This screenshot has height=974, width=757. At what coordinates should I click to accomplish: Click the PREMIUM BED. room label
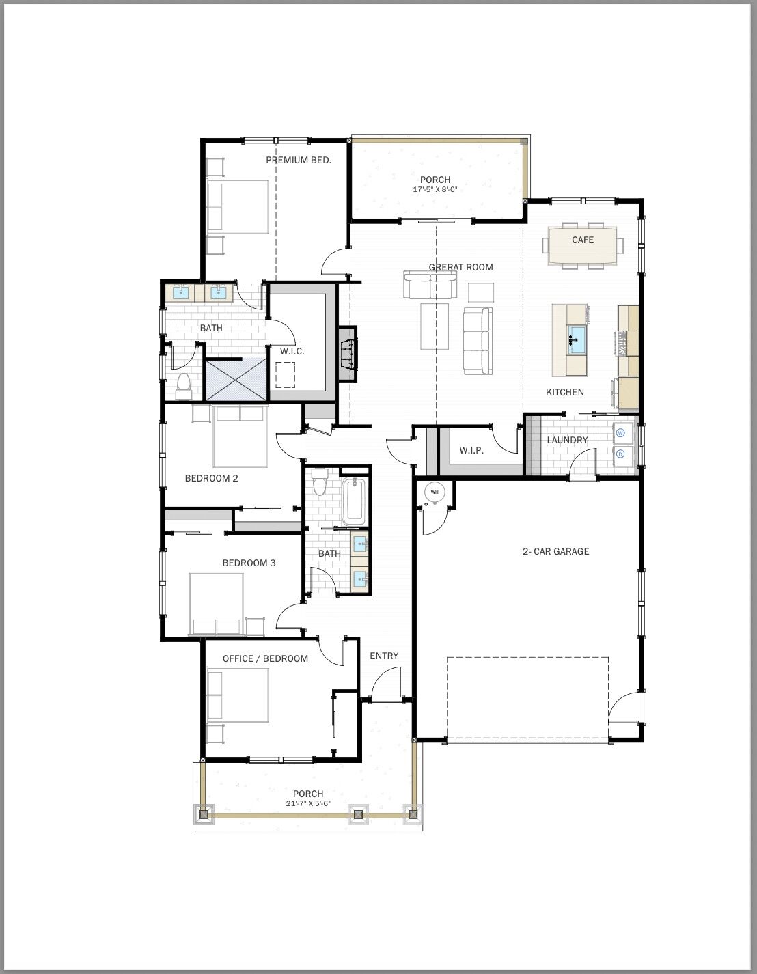tap(299, 160)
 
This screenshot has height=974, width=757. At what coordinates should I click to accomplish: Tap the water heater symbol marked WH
tap(435, 492)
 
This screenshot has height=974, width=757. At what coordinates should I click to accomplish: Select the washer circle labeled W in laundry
tap(621, 432)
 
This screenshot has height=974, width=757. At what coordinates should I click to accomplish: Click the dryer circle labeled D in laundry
tap(621, 454)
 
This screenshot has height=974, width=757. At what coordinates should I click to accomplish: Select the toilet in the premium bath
tap(183, 386)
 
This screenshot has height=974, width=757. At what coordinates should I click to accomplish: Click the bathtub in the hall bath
tap(354, 502)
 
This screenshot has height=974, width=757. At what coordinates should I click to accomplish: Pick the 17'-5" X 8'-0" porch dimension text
tap(435, 190)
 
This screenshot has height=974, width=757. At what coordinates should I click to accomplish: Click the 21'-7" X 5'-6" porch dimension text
tap(308, 804)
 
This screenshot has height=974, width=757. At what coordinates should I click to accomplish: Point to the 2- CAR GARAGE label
tap(555, 551)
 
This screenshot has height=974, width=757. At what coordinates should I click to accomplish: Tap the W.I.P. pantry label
tap(471, 451)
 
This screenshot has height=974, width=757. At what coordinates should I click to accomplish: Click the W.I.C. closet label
tap(292, 351)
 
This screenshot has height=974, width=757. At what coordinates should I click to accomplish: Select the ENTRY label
tap(384, 656)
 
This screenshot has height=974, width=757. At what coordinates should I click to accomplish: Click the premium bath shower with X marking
tap(236, 379)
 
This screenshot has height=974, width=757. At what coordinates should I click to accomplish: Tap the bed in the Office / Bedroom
tap(238, 695)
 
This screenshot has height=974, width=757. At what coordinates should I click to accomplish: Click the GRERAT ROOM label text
tap(460, 267)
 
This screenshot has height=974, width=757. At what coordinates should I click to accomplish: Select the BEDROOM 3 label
tap(249, 563)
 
